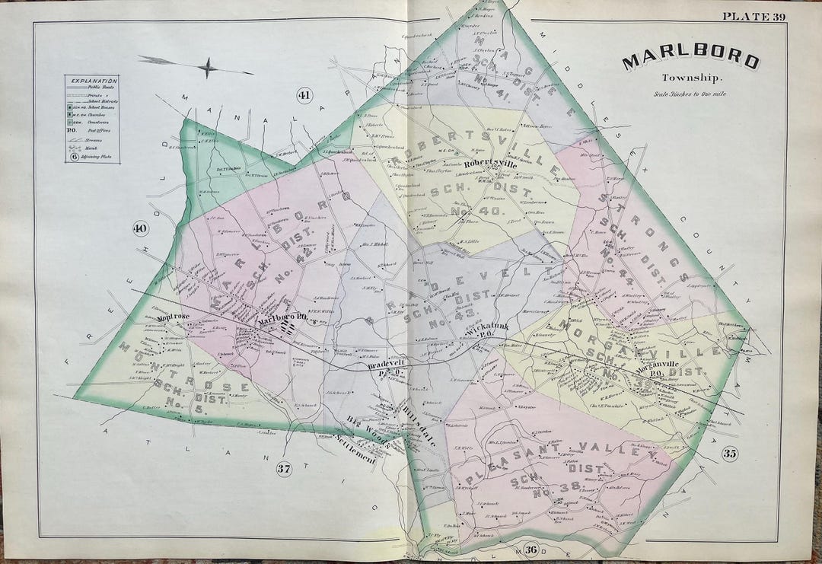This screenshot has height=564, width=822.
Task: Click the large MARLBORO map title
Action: click(x=690, y=61)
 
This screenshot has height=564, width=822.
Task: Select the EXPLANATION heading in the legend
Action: click(x=91, y=80)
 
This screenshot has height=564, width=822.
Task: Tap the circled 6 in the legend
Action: click(x=75, y=158)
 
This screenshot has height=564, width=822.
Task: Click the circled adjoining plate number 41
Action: click(x=304, y=96)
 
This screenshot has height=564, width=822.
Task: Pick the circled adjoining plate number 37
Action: click(x=283, y=470)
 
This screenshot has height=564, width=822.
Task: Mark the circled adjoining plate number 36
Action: click(x=530, y=550)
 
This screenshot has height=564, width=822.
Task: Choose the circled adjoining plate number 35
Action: click(x=730, y=455)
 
